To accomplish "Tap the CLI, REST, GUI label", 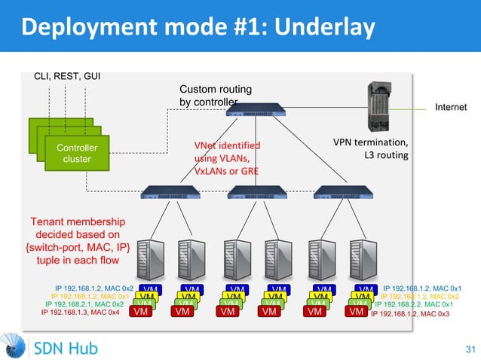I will (x=68, y=75).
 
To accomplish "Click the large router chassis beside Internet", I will (x=381, y=105).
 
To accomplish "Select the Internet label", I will (x=451, y=108).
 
